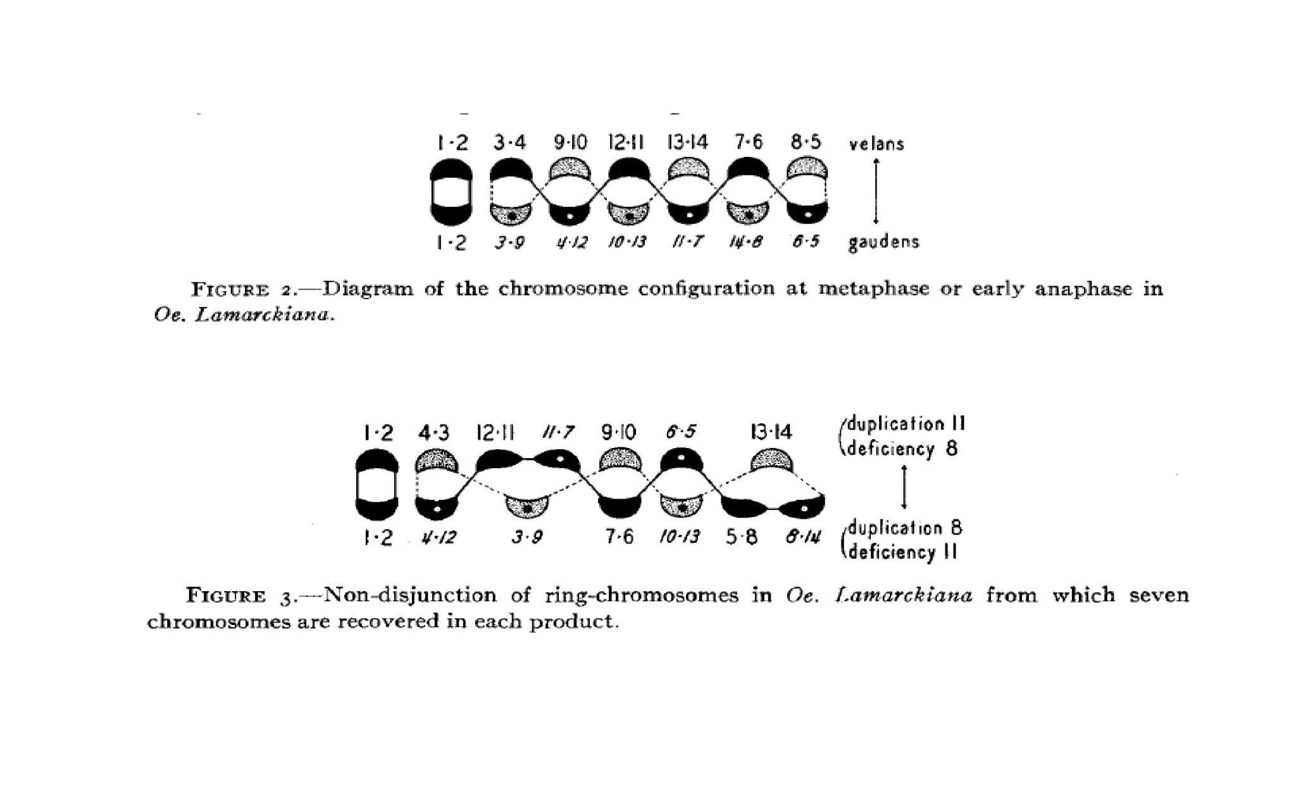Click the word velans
coord(876,144)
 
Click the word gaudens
coord(883,242)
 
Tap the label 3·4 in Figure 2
coord(509,142)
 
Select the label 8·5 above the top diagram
coord(806,142)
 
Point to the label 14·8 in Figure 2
coord(745,242)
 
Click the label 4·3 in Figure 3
coord(434,433)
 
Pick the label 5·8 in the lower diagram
coord(742,537)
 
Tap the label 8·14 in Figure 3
coord(803,537)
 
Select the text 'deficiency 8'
coord(902,449)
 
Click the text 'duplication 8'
coord(905,527)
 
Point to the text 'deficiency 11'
coord(902,552)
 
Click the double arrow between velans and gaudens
coord(876,191)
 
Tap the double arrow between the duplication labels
coord(904,487)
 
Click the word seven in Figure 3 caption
coord(1159,595)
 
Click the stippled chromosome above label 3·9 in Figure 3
coord(526,507)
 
